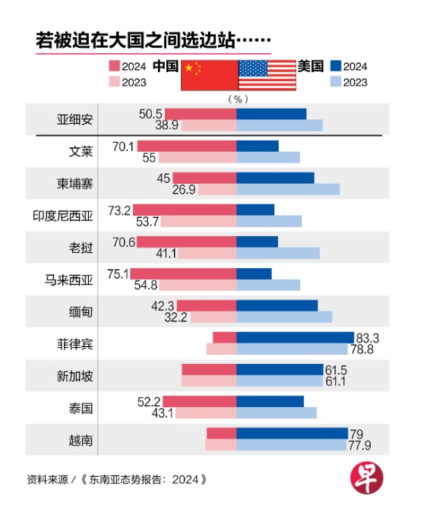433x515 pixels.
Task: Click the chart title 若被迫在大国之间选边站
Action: (135, 40)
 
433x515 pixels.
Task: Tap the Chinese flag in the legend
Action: (210, 75)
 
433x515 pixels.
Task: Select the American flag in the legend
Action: (267, 75)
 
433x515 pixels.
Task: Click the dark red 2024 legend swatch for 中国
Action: (115, 65)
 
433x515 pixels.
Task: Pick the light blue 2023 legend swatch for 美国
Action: (336, 81)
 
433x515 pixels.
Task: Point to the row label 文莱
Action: (81, 151)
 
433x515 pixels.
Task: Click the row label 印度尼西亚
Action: (63, 216)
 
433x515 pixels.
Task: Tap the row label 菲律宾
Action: (75, 344)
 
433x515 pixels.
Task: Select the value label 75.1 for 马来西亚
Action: (118, 274)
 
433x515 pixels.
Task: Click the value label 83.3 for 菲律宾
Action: (368, 338)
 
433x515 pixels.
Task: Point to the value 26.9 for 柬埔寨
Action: (184, 189)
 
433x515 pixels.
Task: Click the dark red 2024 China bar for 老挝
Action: (187, 242)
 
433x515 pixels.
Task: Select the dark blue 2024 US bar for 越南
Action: (292, 434)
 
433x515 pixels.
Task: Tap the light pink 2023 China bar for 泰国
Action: (206, 413)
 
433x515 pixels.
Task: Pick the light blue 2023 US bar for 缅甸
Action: (284, 317)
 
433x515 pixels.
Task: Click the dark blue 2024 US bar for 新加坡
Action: (280, 369)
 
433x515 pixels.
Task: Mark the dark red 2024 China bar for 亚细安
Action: (201, 114)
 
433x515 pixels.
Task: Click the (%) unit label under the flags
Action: (238, 99)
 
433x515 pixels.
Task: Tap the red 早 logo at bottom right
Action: (367, 477)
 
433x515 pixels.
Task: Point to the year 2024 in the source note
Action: (185, 479)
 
